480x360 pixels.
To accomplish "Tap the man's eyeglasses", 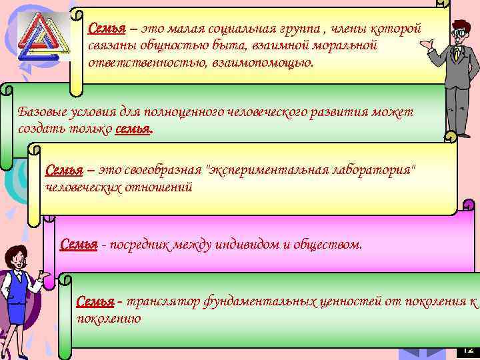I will pos(457,32).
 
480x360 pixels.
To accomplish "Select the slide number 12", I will pos(468,349).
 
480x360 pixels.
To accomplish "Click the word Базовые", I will pos(42,112).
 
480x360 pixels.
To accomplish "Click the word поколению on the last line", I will pos(109,319).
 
